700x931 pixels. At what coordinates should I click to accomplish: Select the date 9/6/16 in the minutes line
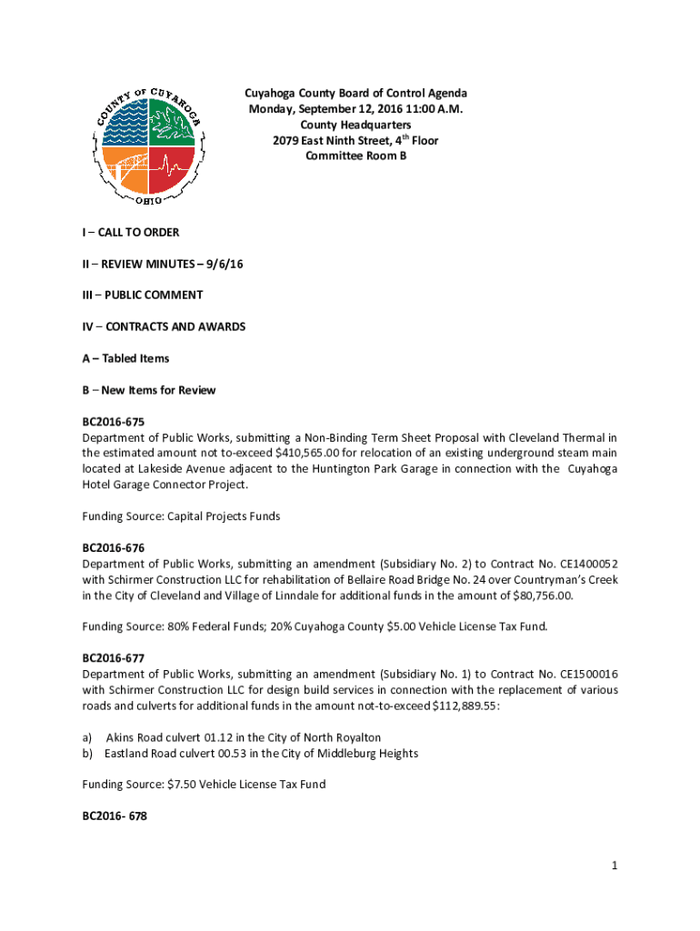click(226, 264)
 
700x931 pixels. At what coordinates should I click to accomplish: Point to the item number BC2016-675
click(114, 422)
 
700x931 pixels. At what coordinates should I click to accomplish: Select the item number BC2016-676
click(114, 548)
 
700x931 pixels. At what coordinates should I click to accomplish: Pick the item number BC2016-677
click(114, 657)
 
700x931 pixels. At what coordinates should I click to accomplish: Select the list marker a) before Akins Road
click(87, 737)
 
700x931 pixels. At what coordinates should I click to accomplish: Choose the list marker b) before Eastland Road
click(87, 753)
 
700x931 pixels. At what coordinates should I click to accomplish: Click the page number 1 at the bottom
click(615, 866)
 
